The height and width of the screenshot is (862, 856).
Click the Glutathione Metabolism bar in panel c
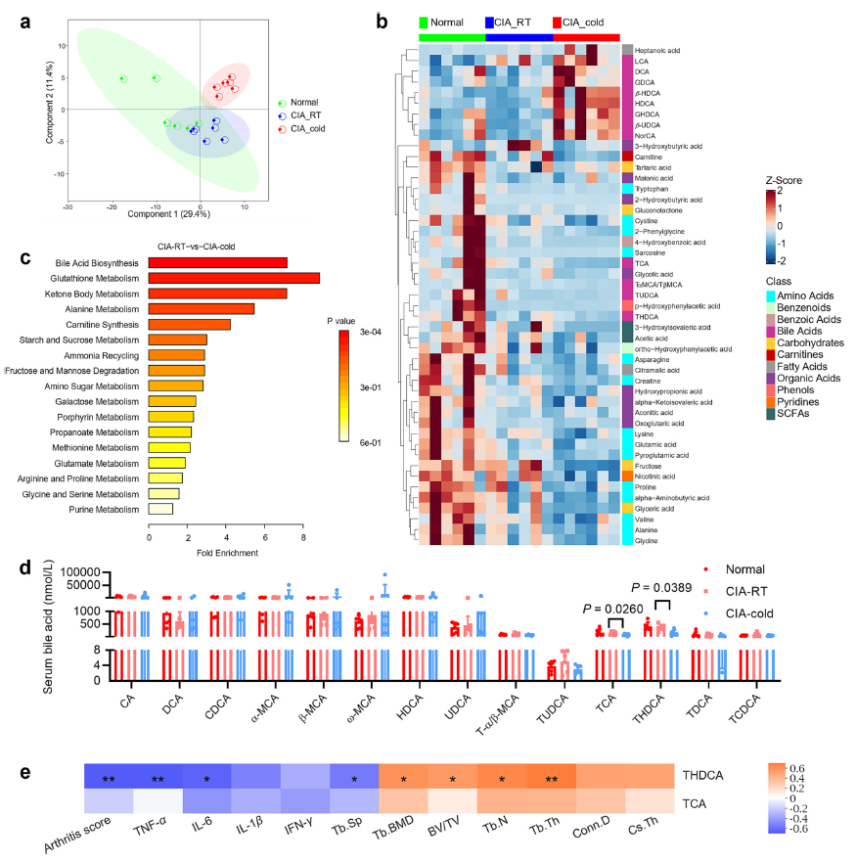click(x=234, y=278)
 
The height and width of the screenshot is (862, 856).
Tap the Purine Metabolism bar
click(x=160, y=509)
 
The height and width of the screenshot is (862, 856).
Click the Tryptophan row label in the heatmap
click(x=653, y=190)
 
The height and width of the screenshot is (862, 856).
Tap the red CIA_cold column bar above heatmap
click(x=586, y=36)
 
